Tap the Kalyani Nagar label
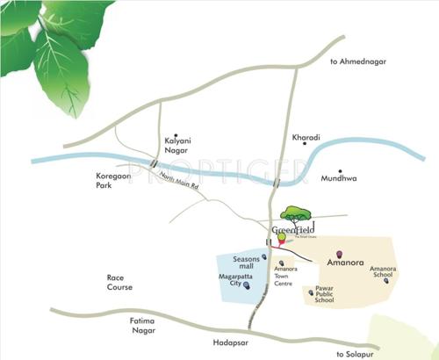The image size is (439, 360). pyautogui.click(x=176, y=144)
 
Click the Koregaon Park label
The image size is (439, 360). pyautogui.click(x=112, y=181)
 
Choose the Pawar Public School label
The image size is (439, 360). pyautogui.click(x=324, y=294)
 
